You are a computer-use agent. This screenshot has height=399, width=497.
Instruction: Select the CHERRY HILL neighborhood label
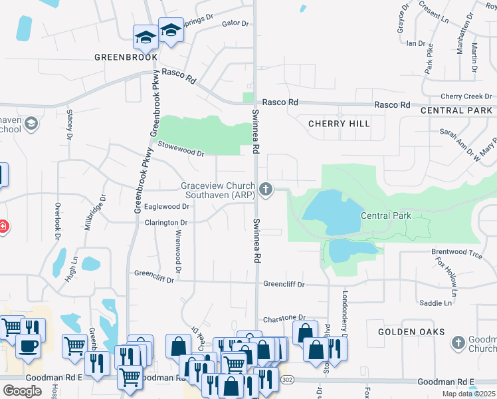[339, 124]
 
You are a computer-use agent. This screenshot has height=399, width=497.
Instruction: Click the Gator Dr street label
[235, 23]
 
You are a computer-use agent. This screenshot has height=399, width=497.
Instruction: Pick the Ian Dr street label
[415, 43]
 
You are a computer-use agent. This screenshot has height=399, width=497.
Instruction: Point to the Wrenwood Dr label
[178, 251]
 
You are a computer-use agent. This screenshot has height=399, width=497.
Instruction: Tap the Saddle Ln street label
[436, 303]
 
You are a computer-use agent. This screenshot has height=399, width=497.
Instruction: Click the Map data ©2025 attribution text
[468, 394]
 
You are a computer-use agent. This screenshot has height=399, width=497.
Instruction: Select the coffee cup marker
[28, 346]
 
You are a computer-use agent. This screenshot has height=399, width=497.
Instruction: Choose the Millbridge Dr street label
[94, 211]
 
